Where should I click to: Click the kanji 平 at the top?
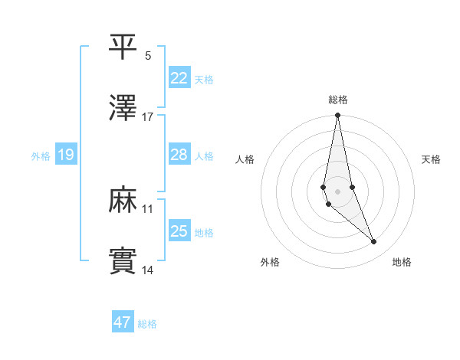tap(123, 47)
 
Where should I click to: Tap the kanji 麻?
tap(123, 200)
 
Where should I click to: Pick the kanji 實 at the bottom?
tap(123, 260)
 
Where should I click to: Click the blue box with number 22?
tap(179, 77)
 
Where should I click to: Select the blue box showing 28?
tap(179, 155)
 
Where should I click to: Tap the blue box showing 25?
tap(179, 231)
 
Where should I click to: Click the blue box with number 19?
tap(66, 155)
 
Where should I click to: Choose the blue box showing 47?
tap(122, 322)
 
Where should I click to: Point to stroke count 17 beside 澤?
tap(148, 116)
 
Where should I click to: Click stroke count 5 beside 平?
tap(148, 56)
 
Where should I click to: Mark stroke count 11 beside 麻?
tap(148, 208)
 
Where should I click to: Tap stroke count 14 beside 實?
tap(148, 270)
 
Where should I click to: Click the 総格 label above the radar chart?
tap(338, 100)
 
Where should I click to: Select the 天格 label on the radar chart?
tap(432, 159)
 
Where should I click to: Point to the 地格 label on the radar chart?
tap(402, 262)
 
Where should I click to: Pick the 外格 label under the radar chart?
tap(270, 262)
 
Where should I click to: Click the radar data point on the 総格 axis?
tap(337, 116)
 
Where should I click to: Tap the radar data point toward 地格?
tap(374, 242)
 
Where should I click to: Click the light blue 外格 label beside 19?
tap(41, 156)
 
